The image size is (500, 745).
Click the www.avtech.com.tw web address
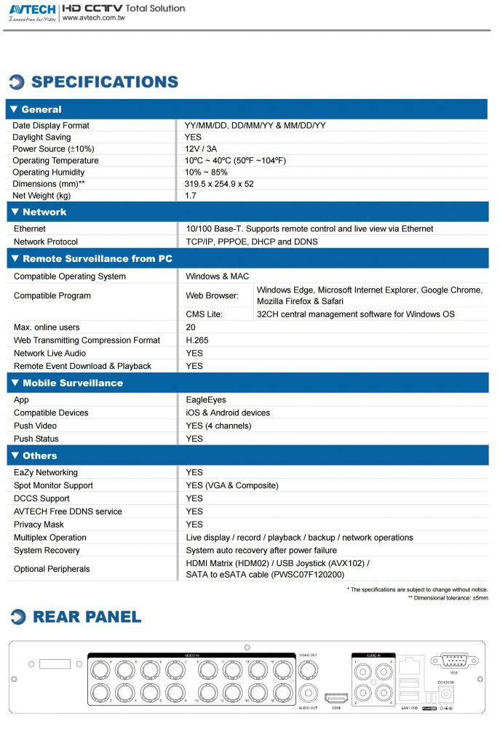coord(94,19)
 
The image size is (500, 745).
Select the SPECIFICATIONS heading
coord(104,82)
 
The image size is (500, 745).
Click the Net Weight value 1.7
coord(191,196)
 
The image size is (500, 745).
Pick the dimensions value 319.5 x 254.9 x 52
coord(219,184)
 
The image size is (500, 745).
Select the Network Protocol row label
coord(46,242)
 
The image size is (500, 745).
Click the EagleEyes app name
coord(206,399)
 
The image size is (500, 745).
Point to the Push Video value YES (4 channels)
coord(218,426)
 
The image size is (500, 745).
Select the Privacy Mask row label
coord(39,525)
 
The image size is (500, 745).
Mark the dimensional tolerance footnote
coord(448,598)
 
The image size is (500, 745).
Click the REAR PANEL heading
coord(87,617)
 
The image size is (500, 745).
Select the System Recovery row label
coord(47,551)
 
